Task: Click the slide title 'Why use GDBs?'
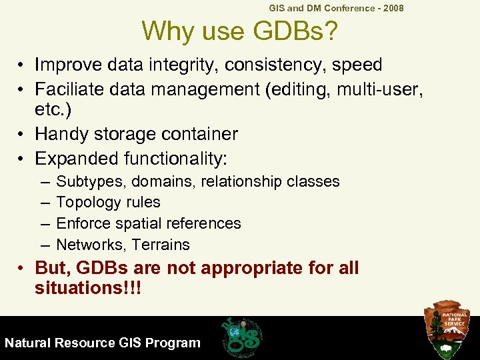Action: [x=241, y=31]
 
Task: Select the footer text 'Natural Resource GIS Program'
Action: [x=103, y=343]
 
